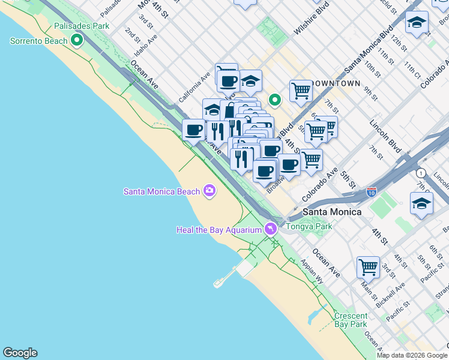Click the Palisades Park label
pyautogui.click(x=82, y=26)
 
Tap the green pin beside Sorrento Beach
pyautogui.click(x=77, y=41)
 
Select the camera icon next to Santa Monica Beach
pyautogui.click(x=209, y=191)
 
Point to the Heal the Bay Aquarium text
pyautogui.click(x=218, y=230)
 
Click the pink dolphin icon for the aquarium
pyautogui.click(x=270, y=229)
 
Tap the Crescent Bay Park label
pyautogui.click(x=351, y=320)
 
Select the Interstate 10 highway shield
pyautogui.click(x=372, y=192)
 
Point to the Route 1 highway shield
pyautogui.click(x=421, y=173)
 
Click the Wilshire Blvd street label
pyautogui.click(x=313, y=22)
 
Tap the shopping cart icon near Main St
pyautogui.click(x=368, y=266)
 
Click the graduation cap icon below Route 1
pyautogui.click(x=421, y=203)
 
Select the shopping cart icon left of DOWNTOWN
pyautogui.click(x=301, y=91)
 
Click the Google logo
pyautogui.click(x=20, y=353)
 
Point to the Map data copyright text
pyautogui.click(x=412, y=355)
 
